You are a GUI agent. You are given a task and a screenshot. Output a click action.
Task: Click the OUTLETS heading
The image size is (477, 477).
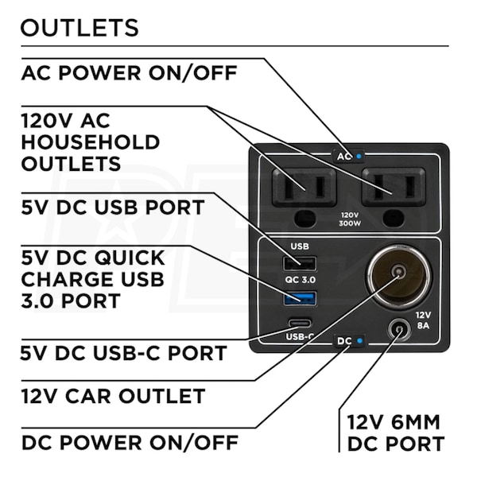[79, 28]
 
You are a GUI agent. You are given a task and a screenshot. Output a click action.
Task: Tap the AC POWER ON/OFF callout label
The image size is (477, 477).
[129, 73]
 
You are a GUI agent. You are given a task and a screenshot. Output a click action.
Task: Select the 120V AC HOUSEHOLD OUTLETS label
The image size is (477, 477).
[90, 142]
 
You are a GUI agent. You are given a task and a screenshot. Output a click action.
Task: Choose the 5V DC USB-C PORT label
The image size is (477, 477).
[124, 352]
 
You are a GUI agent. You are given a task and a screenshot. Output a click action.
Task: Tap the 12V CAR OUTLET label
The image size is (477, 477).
[113, 395]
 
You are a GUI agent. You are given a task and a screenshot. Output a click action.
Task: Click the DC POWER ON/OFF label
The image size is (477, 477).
[129, 441]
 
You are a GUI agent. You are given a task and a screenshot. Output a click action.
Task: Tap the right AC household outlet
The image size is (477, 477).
[390, 188]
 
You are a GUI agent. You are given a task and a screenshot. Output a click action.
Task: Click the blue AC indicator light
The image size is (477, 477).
[359, 157]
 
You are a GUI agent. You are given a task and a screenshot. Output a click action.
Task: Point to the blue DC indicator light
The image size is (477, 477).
[360, 341]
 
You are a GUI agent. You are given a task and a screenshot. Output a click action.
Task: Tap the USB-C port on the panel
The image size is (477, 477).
[301, 324]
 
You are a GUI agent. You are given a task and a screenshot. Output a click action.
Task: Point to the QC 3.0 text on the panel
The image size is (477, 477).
[301, 281]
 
